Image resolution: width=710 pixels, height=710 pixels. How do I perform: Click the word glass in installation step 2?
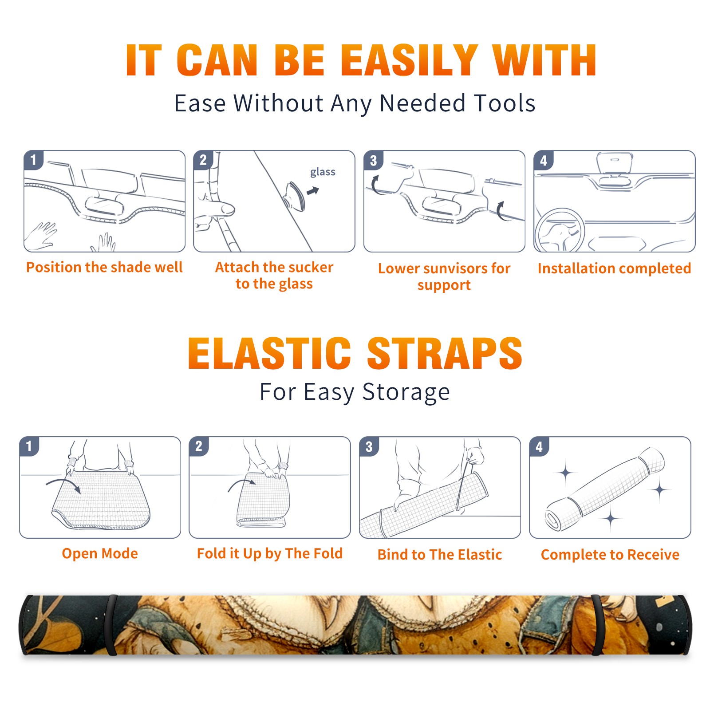[x=323, y=172]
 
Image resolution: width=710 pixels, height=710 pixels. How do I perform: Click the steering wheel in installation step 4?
[x=560, y=231]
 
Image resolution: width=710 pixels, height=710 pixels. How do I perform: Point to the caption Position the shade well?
[x=104, y=267]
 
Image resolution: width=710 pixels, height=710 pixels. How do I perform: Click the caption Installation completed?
[x=614, y=268]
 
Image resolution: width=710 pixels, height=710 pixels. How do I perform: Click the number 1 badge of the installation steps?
[x=33, y=159]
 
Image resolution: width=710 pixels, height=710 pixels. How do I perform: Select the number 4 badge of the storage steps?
[x=539, y=446]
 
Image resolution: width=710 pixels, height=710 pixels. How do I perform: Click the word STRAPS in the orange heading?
[x=445, y=353]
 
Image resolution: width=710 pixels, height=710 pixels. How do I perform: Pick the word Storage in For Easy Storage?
[x=406, y=392]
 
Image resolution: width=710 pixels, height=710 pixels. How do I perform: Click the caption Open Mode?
[x=100, y=553]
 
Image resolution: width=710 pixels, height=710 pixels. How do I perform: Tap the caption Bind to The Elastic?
[x=440, y=554]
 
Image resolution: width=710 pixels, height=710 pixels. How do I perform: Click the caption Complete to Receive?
[x=610, y=555]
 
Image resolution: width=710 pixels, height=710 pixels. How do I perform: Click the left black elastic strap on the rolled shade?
[x=111, y=625]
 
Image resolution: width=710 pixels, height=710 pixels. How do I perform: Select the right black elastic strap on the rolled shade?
[x=597, y=625]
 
